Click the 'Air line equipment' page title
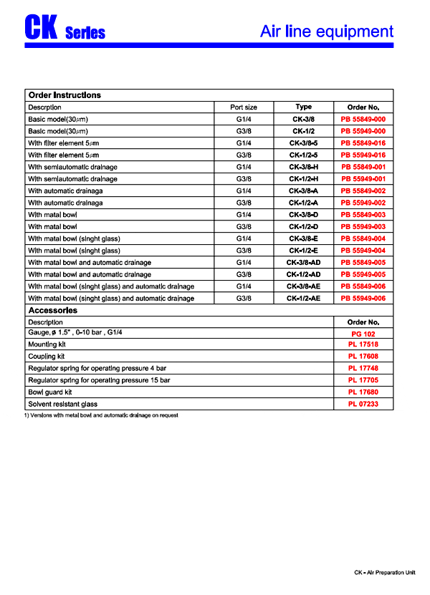tap(326, 32)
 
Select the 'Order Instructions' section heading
tap(64, 95)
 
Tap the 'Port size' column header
tap(244, 107)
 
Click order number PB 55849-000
tap(363, 119)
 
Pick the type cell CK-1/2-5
tap(303, 155)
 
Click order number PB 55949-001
tap(363, 179)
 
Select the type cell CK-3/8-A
tap(303, 191)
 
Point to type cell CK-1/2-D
tap(303, 227)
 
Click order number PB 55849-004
tap(363, 238)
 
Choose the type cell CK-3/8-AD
tap(303, 263)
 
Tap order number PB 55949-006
tap(363, 299)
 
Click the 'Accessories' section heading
tap(52, 311)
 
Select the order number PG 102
tap(363, 334)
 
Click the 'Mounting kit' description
tap(47, 344)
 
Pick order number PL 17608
tap(363, 357)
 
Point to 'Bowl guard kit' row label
tap(50, 392)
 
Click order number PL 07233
tap(363, 405)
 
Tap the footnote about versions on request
tap(101, 416)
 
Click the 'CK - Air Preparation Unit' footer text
tap(385, 574)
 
